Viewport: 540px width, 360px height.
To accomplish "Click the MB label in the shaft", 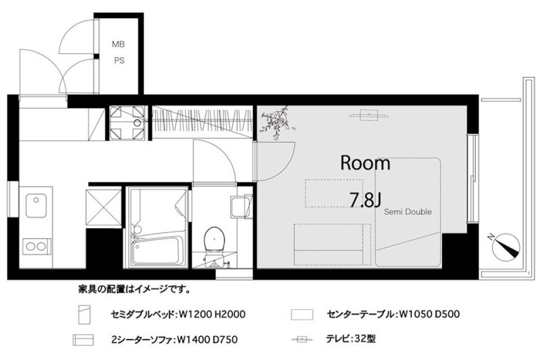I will [118, 44].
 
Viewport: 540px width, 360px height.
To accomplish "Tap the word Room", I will [365, 164].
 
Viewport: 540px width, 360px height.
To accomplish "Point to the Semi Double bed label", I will [408, 212].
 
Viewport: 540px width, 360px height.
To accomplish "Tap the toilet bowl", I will [214, 239].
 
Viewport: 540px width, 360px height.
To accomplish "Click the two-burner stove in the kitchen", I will [36, 246].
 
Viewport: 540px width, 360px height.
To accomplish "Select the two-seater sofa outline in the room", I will [332, 244].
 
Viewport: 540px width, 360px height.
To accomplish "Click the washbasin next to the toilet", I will [240, 207].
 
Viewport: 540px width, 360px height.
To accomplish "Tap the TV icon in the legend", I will [301, 340].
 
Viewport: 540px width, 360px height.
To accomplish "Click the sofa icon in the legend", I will [83, 340].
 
